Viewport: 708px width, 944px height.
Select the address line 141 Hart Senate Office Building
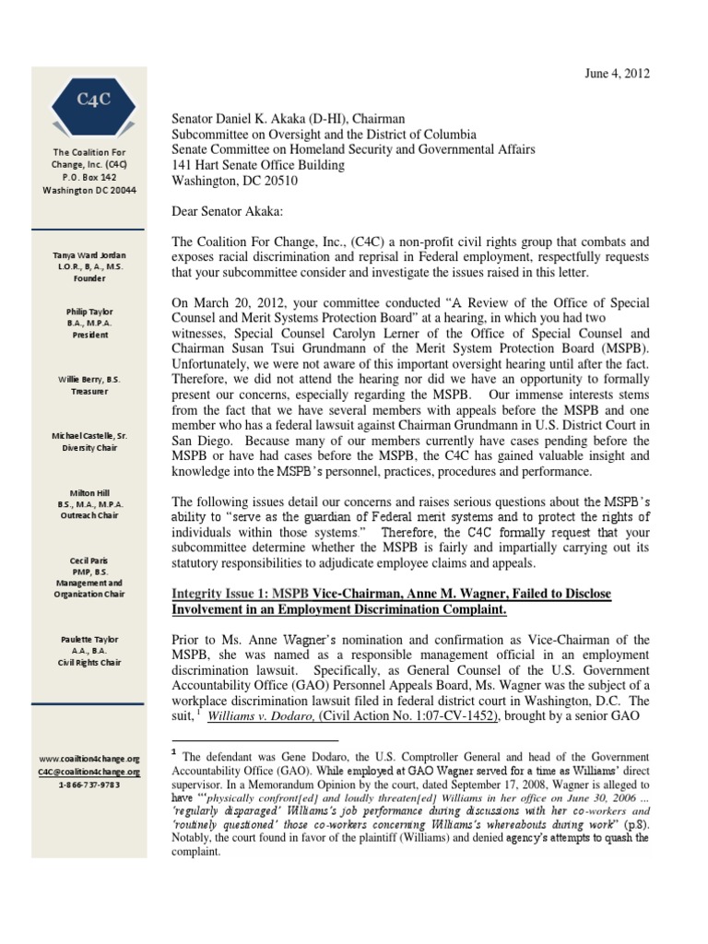pyautogui.click(x=259, y=165)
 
